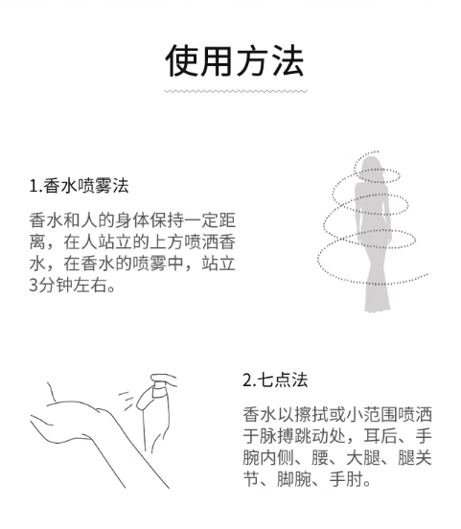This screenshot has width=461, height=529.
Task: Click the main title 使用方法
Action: (x=235, y=61)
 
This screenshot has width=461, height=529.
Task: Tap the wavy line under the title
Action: (x=236, y=91)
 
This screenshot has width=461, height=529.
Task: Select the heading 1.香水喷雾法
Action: (x=79, y=186)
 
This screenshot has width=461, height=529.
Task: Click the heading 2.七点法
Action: (x=275, y=379)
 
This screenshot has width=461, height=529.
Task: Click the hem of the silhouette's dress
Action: (x=378, y=306)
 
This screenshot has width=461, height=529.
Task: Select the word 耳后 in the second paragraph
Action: (x=380, y=436)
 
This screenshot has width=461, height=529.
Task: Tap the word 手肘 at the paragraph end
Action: (x=346, y=479)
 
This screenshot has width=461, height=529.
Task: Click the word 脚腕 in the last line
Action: (x=293, y=479)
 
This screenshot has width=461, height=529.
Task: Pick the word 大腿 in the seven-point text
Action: (x=363, y=457)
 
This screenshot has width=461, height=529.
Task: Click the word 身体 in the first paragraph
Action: (x=132, y=220)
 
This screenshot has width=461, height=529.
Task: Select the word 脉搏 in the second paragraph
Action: (x=276, y=436)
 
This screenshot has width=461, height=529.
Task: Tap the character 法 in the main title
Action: (x=288, y=61)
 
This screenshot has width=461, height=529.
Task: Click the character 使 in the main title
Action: (x=181, y=61)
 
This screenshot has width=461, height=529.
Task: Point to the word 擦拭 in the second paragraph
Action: (x=311, y=414)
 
